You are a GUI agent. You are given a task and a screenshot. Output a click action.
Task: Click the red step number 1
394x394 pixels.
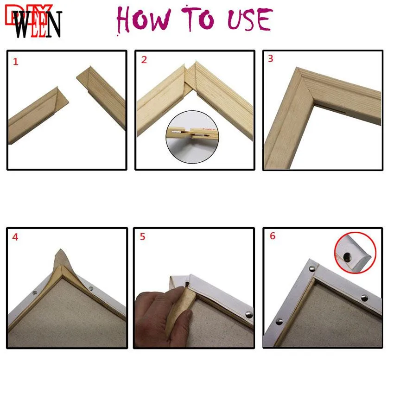pos(16,62)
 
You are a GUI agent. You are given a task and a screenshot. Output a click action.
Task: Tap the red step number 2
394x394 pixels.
pos(144,60)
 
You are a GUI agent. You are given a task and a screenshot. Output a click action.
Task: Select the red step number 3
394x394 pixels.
pos(271,59)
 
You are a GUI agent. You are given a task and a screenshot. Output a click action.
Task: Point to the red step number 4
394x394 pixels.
pos(16,237)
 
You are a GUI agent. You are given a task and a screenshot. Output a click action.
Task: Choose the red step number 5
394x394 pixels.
pos(143,237)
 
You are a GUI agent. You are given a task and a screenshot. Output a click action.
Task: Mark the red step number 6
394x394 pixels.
pos(272,236)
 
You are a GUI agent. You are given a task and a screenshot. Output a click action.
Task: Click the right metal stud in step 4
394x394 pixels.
pos(90,288)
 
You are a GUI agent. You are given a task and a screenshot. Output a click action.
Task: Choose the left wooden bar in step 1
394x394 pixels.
pos(37,114)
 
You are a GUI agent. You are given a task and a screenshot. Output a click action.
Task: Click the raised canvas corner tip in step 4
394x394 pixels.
pos(60,255)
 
